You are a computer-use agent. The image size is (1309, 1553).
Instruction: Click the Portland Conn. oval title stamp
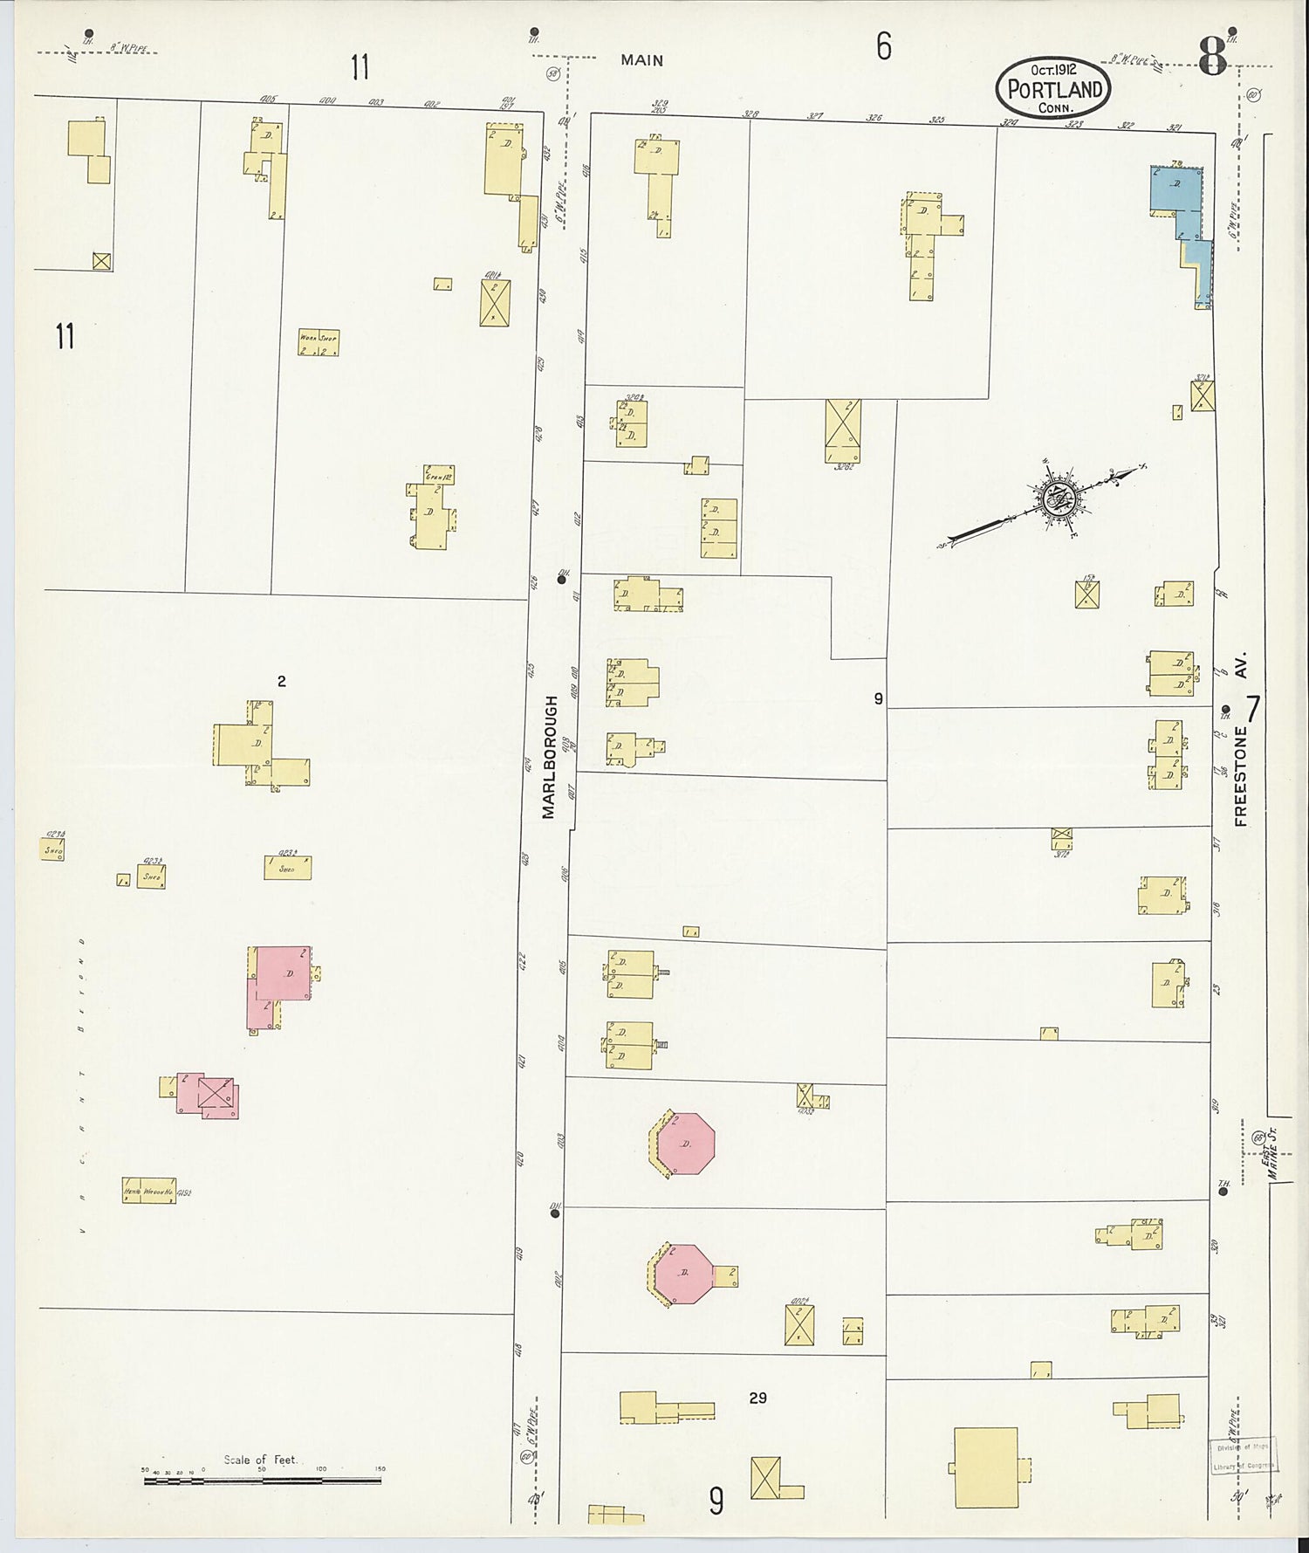(x=1054, y=88)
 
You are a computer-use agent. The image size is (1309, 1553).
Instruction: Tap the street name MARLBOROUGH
(x=549, y=756)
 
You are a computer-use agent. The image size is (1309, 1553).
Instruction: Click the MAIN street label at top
(x=642, y=60)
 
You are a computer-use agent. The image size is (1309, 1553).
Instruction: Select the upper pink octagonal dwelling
(x=686, y=1143)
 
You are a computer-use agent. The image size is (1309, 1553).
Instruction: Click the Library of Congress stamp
(x=1243, y=1457)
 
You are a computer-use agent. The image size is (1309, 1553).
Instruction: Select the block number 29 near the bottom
(x=757, y=1398)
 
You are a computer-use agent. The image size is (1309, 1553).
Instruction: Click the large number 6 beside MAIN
(x=884, y=47)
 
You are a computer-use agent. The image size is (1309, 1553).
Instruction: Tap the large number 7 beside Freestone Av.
(x=1253, y=709)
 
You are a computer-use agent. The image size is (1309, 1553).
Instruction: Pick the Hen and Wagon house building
(x=149, y=1191)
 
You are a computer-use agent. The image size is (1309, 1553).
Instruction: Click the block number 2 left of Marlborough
(x=281, y=682)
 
